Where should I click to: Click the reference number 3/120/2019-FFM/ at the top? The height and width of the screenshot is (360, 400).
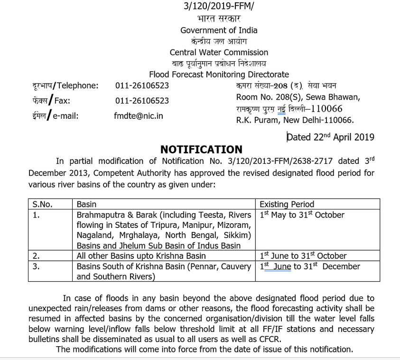(x=219, y=6)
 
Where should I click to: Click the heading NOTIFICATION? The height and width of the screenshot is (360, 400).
(x=201, y=150)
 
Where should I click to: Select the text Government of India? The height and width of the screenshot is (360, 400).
(x=219, y=30)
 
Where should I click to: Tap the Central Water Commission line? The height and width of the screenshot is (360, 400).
(x=219, y=52)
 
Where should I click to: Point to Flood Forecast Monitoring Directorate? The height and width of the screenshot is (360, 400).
(x=219, y=75)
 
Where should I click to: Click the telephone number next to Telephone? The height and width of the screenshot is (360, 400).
(x=142, y=86)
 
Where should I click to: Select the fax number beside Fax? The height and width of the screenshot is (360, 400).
(x=142, y=101)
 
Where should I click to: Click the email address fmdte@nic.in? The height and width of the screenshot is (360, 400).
(x=139, y=116)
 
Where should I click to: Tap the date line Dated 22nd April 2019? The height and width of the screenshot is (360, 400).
(x=330, y=137)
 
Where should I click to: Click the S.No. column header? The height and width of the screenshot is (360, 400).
(x=42, y=204)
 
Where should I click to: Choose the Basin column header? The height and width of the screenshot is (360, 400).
(x=86, y=204)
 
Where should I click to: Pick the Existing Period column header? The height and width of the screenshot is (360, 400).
(x=287, y=204)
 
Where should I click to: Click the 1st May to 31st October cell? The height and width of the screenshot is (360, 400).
(x=302, y=215)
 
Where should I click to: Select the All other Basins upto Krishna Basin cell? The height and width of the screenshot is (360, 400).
(x=141, y=256)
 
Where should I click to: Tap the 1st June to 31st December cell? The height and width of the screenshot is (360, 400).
(x=310, y=266)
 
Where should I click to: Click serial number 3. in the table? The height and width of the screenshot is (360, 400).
(x=36, y=266)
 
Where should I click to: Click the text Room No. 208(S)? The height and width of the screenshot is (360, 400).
(x=268, y=97)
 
